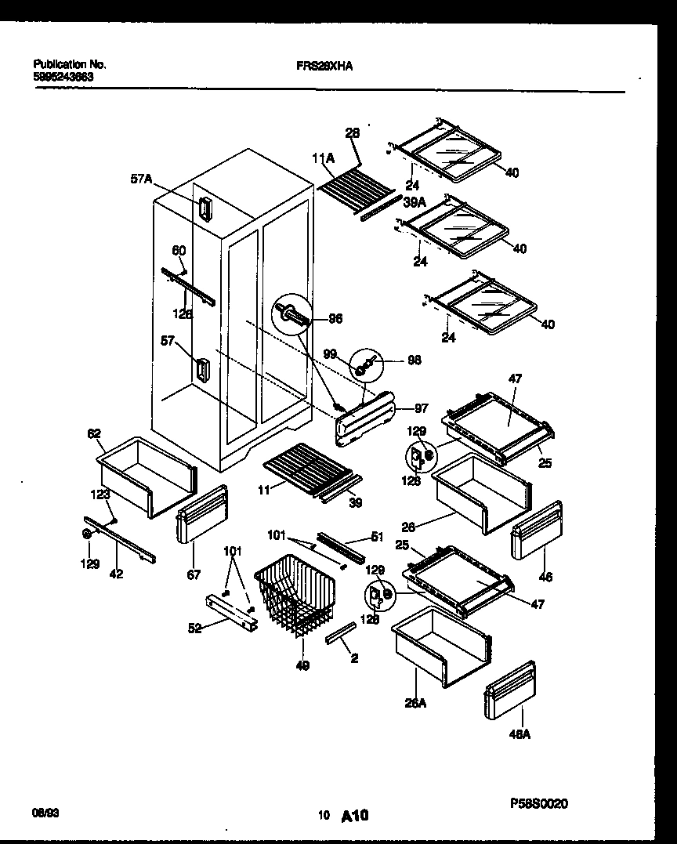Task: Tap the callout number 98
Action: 415,360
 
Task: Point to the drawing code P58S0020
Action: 538,803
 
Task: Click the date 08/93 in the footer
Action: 45,814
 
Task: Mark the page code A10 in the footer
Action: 355,816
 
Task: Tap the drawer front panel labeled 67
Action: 201,513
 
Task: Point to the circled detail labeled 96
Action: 291,315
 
